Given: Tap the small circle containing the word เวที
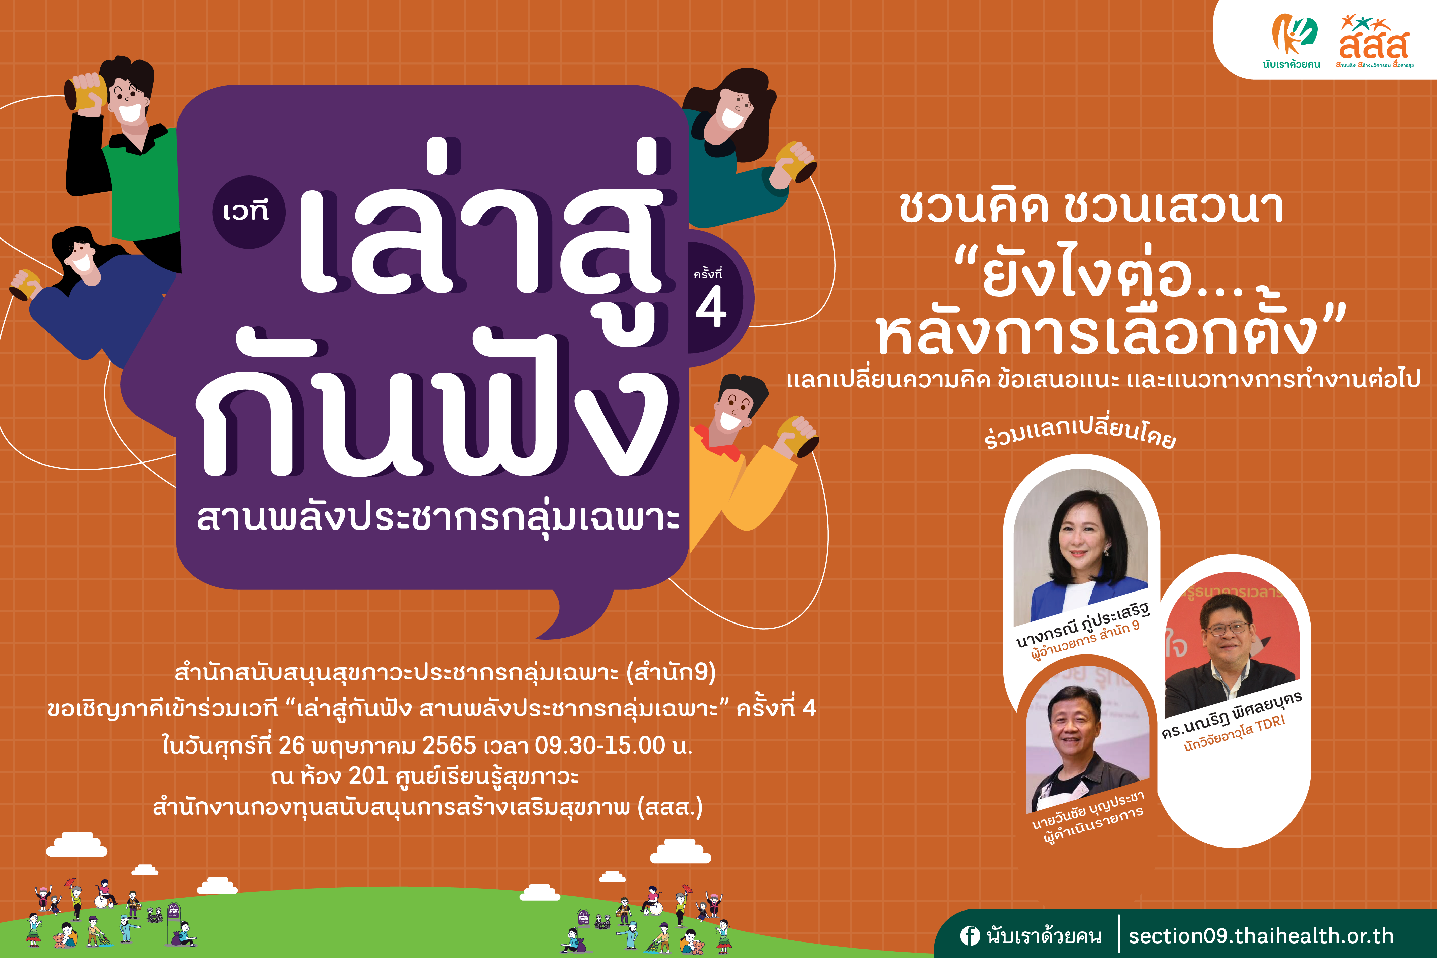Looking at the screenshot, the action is tap(249, 212).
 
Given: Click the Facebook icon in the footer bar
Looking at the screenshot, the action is tap(969, 935).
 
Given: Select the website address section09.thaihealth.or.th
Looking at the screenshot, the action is tap(1261, 935).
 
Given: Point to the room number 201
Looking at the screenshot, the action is tap(368, 776).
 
